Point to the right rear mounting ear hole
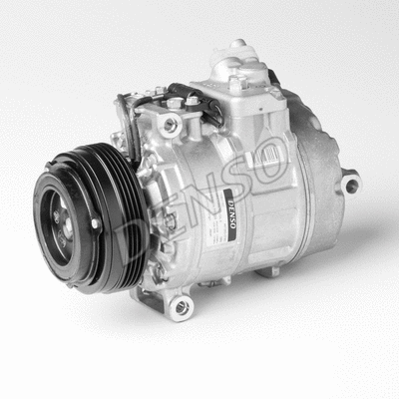[x=348, y=184]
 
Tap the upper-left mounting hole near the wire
[x=170, y=125]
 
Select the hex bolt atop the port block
[x=235, y=84]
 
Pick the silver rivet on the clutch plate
[x=95, y=224]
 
